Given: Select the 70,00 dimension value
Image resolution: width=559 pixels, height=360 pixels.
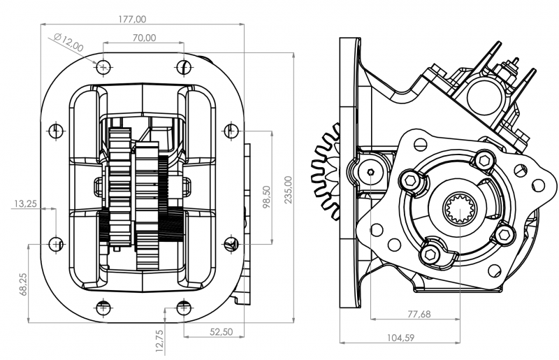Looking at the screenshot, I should [143, 38].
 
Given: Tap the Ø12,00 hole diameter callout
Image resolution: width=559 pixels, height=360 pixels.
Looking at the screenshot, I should [68, 42].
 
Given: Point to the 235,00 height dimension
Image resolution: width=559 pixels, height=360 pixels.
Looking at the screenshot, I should [289, 189].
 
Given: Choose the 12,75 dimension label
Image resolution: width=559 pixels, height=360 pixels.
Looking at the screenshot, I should [159, 342].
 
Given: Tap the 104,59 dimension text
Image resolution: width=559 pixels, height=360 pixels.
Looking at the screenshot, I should [400, 338].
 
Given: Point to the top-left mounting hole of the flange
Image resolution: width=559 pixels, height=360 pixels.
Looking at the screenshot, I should [103, 67].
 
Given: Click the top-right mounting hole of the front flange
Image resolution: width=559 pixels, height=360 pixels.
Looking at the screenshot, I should [184, 67].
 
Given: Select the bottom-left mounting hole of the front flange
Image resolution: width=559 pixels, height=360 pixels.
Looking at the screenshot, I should [103, 306].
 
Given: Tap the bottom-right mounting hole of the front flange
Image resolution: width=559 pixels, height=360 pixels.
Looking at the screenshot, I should [184, 306].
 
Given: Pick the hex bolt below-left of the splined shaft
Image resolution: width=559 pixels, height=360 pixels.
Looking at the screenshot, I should [433, 252].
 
